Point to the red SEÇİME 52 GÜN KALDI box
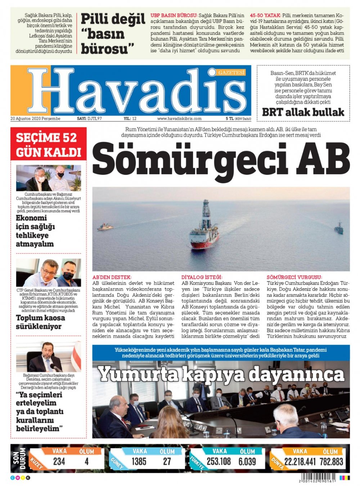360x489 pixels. [x=49, y=145]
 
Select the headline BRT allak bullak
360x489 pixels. [x=303, y=112]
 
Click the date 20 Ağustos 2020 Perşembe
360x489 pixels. [x=35, y=118]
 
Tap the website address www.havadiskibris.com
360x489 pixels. [x=179, y=118]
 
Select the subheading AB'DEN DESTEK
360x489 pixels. [x=112, y=277]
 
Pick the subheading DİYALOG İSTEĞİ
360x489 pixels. [x=202, y=277]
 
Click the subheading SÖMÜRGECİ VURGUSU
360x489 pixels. [x=294, y=277]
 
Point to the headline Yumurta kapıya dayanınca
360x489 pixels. [x=221, y=374]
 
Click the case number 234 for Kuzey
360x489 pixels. [x=59, y=462]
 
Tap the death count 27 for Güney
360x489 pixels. [x=167, y=462]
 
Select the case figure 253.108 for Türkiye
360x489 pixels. [x=219, y=462]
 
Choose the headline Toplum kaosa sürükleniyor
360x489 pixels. [x=40, y=322]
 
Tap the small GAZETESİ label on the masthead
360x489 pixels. [x=231, y=73]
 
